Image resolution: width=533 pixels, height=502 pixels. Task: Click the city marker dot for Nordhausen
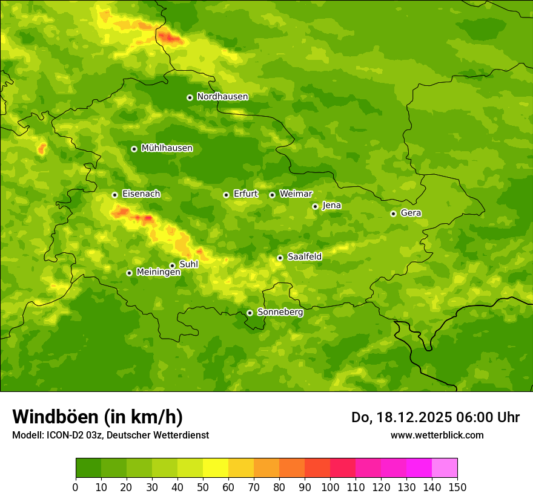point(190,97)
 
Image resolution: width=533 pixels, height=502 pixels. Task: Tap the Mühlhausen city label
point(167,148)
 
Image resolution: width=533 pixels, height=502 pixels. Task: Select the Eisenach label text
point(141,194)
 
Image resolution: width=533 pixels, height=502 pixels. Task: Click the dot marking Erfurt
point(226,195)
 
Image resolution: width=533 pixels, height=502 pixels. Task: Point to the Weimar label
point(296,194)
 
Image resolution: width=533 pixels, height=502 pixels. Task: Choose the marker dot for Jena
point(315,206)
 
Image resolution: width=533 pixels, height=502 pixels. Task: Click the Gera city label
point(411,213)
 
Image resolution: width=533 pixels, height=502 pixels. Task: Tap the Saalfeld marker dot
point(280,258)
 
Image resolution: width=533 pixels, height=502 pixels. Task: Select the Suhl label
point(188,264)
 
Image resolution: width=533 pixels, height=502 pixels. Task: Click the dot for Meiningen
point(129,273)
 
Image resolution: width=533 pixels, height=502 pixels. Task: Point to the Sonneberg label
point(280,312)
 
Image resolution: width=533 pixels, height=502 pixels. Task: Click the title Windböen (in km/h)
point(97,417)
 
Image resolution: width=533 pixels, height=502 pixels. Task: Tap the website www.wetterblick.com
point(437,435)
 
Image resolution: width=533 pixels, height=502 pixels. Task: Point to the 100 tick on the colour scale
point(330,487)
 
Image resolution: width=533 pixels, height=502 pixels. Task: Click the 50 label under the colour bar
point(203,487)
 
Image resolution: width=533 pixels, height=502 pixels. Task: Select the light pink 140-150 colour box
point(445,468)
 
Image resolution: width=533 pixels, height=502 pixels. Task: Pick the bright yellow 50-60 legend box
point(216,468)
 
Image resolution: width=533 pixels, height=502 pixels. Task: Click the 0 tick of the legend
point(76,487)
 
